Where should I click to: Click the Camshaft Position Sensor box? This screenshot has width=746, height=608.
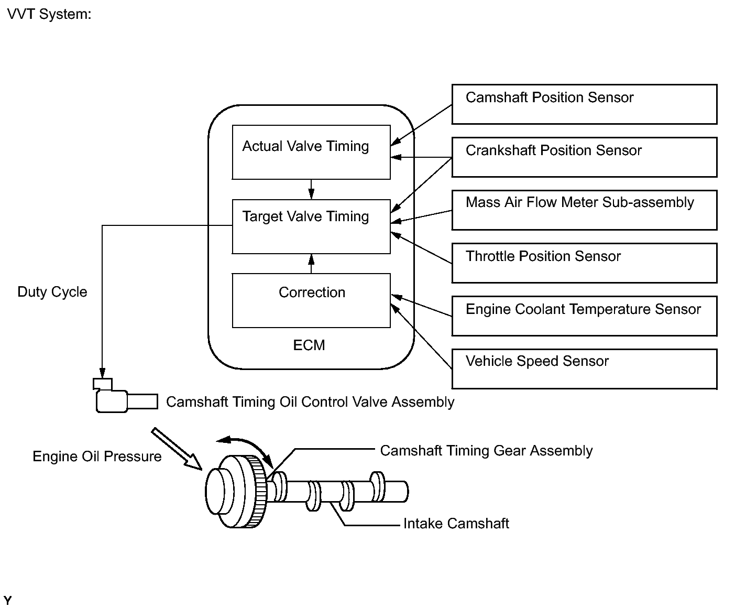click(x=584, y=104)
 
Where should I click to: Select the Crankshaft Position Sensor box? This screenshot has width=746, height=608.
click(x=584, y=157)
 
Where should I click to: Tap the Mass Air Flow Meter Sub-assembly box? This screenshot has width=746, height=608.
click(x=584, y=210)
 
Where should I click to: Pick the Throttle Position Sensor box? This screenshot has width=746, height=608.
click(x=584, y=263)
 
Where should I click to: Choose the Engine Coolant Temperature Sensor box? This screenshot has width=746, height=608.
click(x=584, y=316)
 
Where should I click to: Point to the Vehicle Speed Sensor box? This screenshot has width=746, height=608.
click(x=584, y=369)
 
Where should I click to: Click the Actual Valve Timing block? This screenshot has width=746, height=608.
click(x=311, y=152)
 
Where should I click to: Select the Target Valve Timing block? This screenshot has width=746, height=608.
click(x=311, y=226)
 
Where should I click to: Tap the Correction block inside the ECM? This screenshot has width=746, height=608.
click(x=311, y=300)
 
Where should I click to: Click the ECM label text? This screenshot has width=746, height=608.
click(x=309, y=345)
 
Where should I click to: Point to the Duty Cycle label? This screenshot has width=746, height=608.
click(x=52, y=292)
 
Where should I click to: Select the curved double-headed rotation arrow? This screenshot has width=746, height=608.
click(x=245, y=446)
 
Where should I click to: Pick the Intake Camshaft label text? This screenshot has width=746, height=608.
click(x=456, y=524)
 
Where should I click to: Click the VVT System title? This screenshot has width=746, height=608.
click(x=49, y=14)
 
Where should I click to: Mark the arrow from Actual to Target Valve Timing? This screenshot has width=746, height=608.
click(x=311, y=189)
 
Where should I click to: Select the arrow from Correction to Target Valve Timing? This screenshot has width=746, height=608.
click(x=311, y=264)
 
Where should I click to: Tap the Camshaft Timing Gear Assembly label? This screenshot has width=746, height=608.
click(x=486, y=451)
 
